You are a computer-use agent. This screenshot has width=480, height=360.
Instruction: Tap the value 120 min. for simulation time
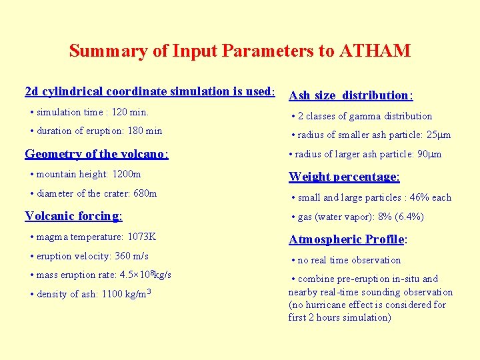(131, 112)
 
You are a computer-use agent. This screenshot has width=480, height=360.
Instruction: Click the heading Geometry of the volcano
(97, 154)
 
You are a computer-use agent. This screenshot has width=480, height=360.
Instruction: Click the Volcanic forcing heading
(73, 215)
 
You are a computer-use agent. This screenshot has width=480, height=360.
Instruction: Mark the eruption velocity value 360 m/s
(131, 256)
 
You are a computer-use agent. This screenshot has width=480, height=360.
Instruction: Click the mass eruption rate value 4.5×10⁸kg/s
(140, 274)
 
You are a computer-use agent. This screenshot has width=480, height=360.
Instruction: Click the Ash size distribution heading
(351, 95)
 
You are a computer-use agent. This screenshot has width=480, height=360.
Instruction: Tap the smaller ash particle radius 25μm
(439, 135)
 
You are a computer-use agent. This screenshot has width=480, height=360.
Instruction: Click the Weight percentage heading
(344, 177)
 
